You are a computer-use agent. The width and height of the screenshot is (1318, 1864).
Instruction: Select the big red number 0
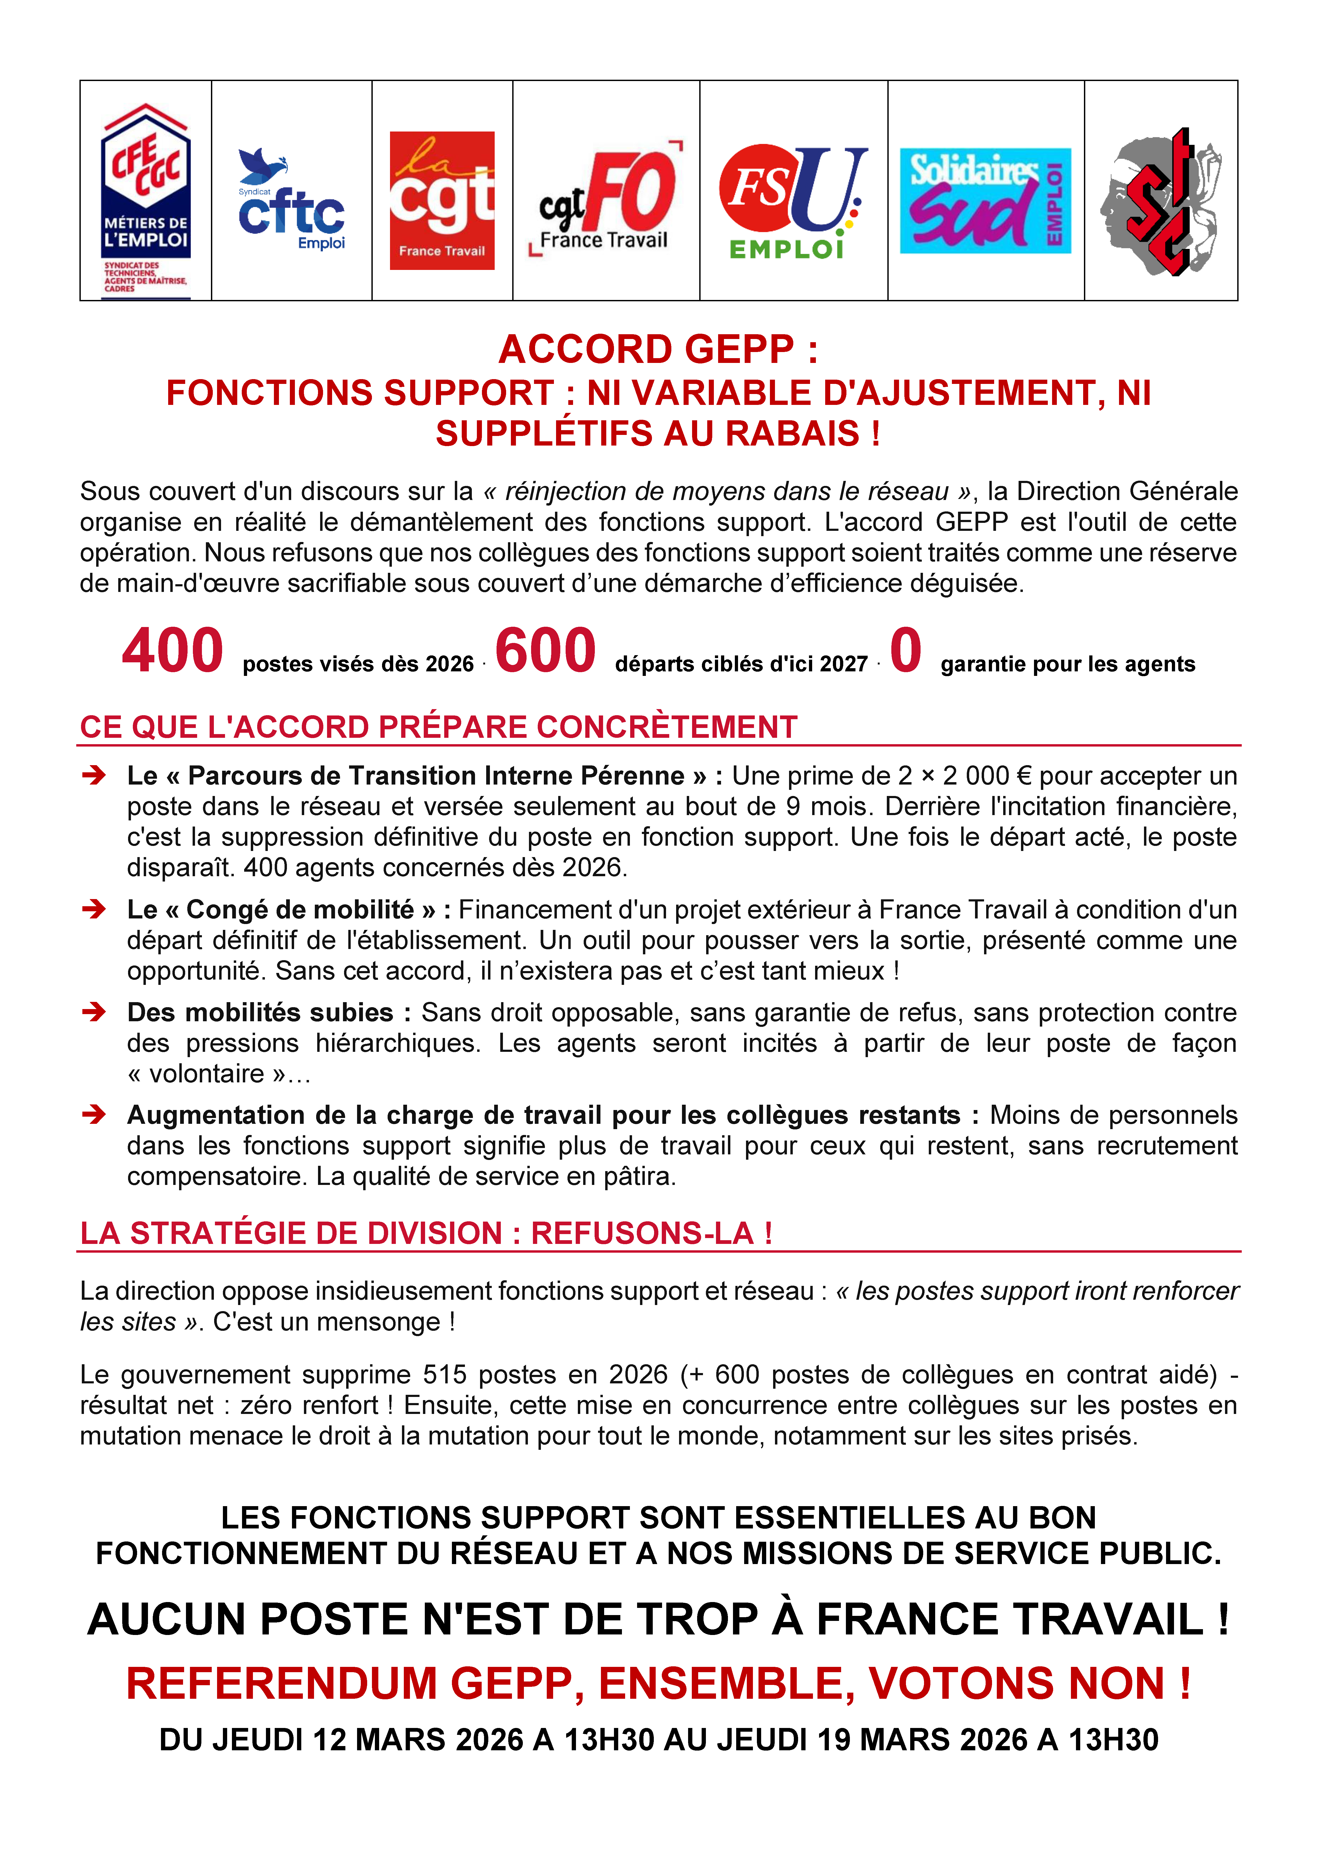[905, 651]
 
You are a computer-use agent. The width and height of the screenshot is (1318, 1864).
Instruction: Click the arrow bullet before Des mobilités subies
[94, 1011]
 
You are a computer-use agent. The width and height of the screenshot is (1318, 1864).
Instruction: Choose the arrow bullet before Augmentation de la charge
[94, 1114]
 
